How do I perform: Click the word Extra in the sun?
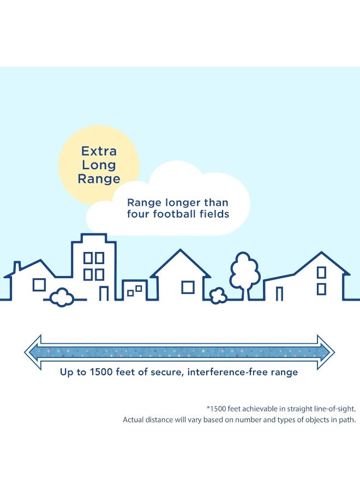click(x=99, y=151)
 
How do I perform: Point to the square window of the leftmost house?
click(x=39, y=285)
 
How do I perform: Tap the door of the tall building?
click(x=104, y=293)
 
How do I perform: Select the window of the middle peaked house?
click(x=188, y=288)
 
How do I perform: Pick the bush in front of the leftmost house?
click(x=62, y=297)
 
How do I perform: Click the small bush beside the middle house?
click(x=218, y=296)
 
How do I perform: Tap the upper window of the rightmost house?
click(x=321, y=272)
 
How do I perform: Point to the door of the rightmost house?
click(x=280, y=294)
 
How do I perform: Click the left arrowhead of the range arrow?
click(x=33, y=352)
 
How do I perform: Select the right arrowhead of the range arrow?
click(x=326, y=352)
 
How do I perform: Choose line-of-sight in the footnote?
click(x=335, y=409)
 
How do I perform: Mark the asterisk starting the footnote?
click(x=208, y=408)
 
